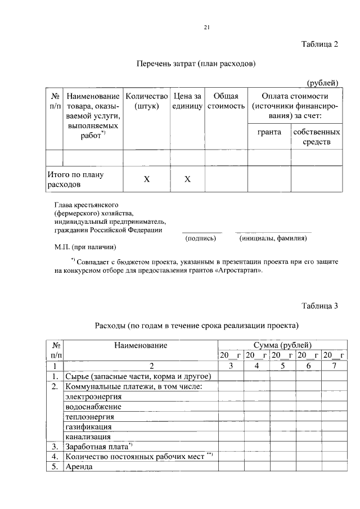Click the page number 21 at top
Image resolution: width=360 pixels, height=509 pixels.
[x=207, y=26]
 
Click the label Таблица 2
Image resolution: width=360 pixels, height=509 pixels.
[x=319, y=45]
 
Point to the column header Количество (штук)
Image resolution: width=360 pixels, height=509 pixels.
[x=147, y=101]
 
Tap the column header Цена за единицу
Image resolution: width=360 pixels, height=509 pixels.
[x=187, y=101]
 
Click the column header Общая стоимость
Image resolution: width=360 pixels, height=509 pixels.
[x=226, y=101]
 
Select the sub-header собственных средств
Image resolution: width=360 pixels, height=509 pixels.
[x=316, y=137]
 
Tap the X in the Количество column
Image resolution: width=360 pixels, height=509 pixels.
[x=147, y=179]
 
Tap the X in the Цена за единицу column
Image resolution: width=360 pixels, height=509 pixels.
[x=187, y=179]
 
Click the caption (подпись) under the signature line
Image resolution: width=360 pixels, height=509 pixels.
[x=201, y=238]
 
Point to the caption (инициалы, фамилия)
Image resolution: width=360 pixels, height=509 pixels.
[x=273, y=238]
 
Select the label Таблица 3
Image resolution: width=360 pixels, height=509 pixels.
[x=319, y=307]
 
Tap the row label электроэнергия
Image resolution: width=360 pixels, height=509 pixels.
[x=93, y=397]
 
